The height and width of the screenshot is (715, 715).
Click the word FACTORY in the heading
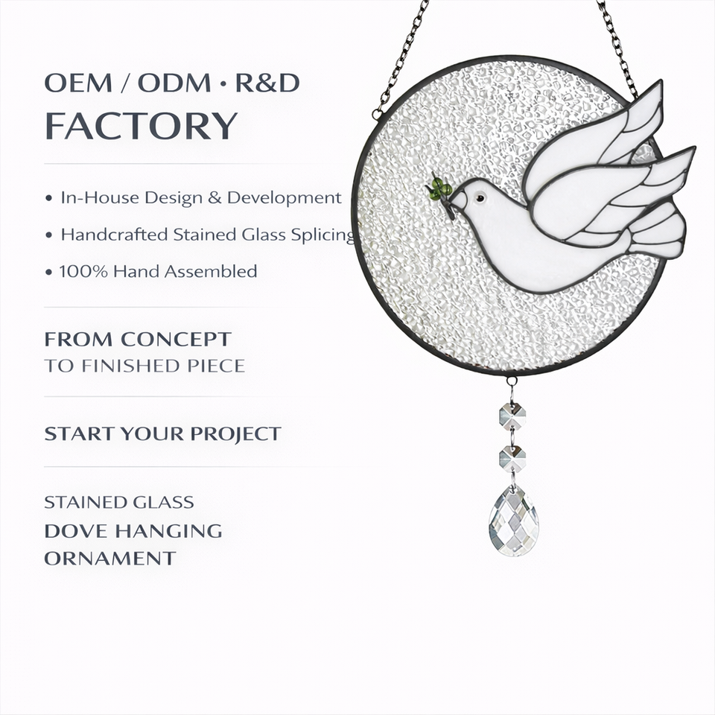tap(141, 126)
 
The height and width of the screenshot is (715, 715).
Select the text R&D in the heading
tap(267, 83)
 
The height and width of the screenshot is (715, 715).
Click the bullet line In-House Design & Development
tap(200, 198)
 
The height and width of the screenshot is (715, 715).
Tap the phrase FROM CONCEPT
tap(138, 340)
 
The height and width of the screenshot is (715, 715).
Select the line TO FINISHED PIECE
tap(144, 366)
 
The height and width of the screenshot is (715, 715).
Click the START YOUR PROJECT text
tap(162, 433)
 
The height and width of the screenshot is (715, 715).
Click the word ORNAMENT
tap(110, 558)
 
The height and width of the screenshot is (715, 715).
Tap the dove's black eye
tap(479, 198)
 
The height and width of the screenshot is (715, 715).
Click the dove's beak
tap(457, 199)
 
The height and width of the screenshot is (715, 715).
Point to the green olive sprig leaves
tap(439, 189)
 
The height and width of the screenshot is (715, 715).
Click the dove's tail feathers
tap(659, 231)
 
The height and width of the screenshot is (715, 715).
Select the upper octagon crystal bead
tap(512, 415)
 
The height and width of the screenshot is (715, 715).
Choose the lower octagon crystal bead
tap(512, 458)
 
